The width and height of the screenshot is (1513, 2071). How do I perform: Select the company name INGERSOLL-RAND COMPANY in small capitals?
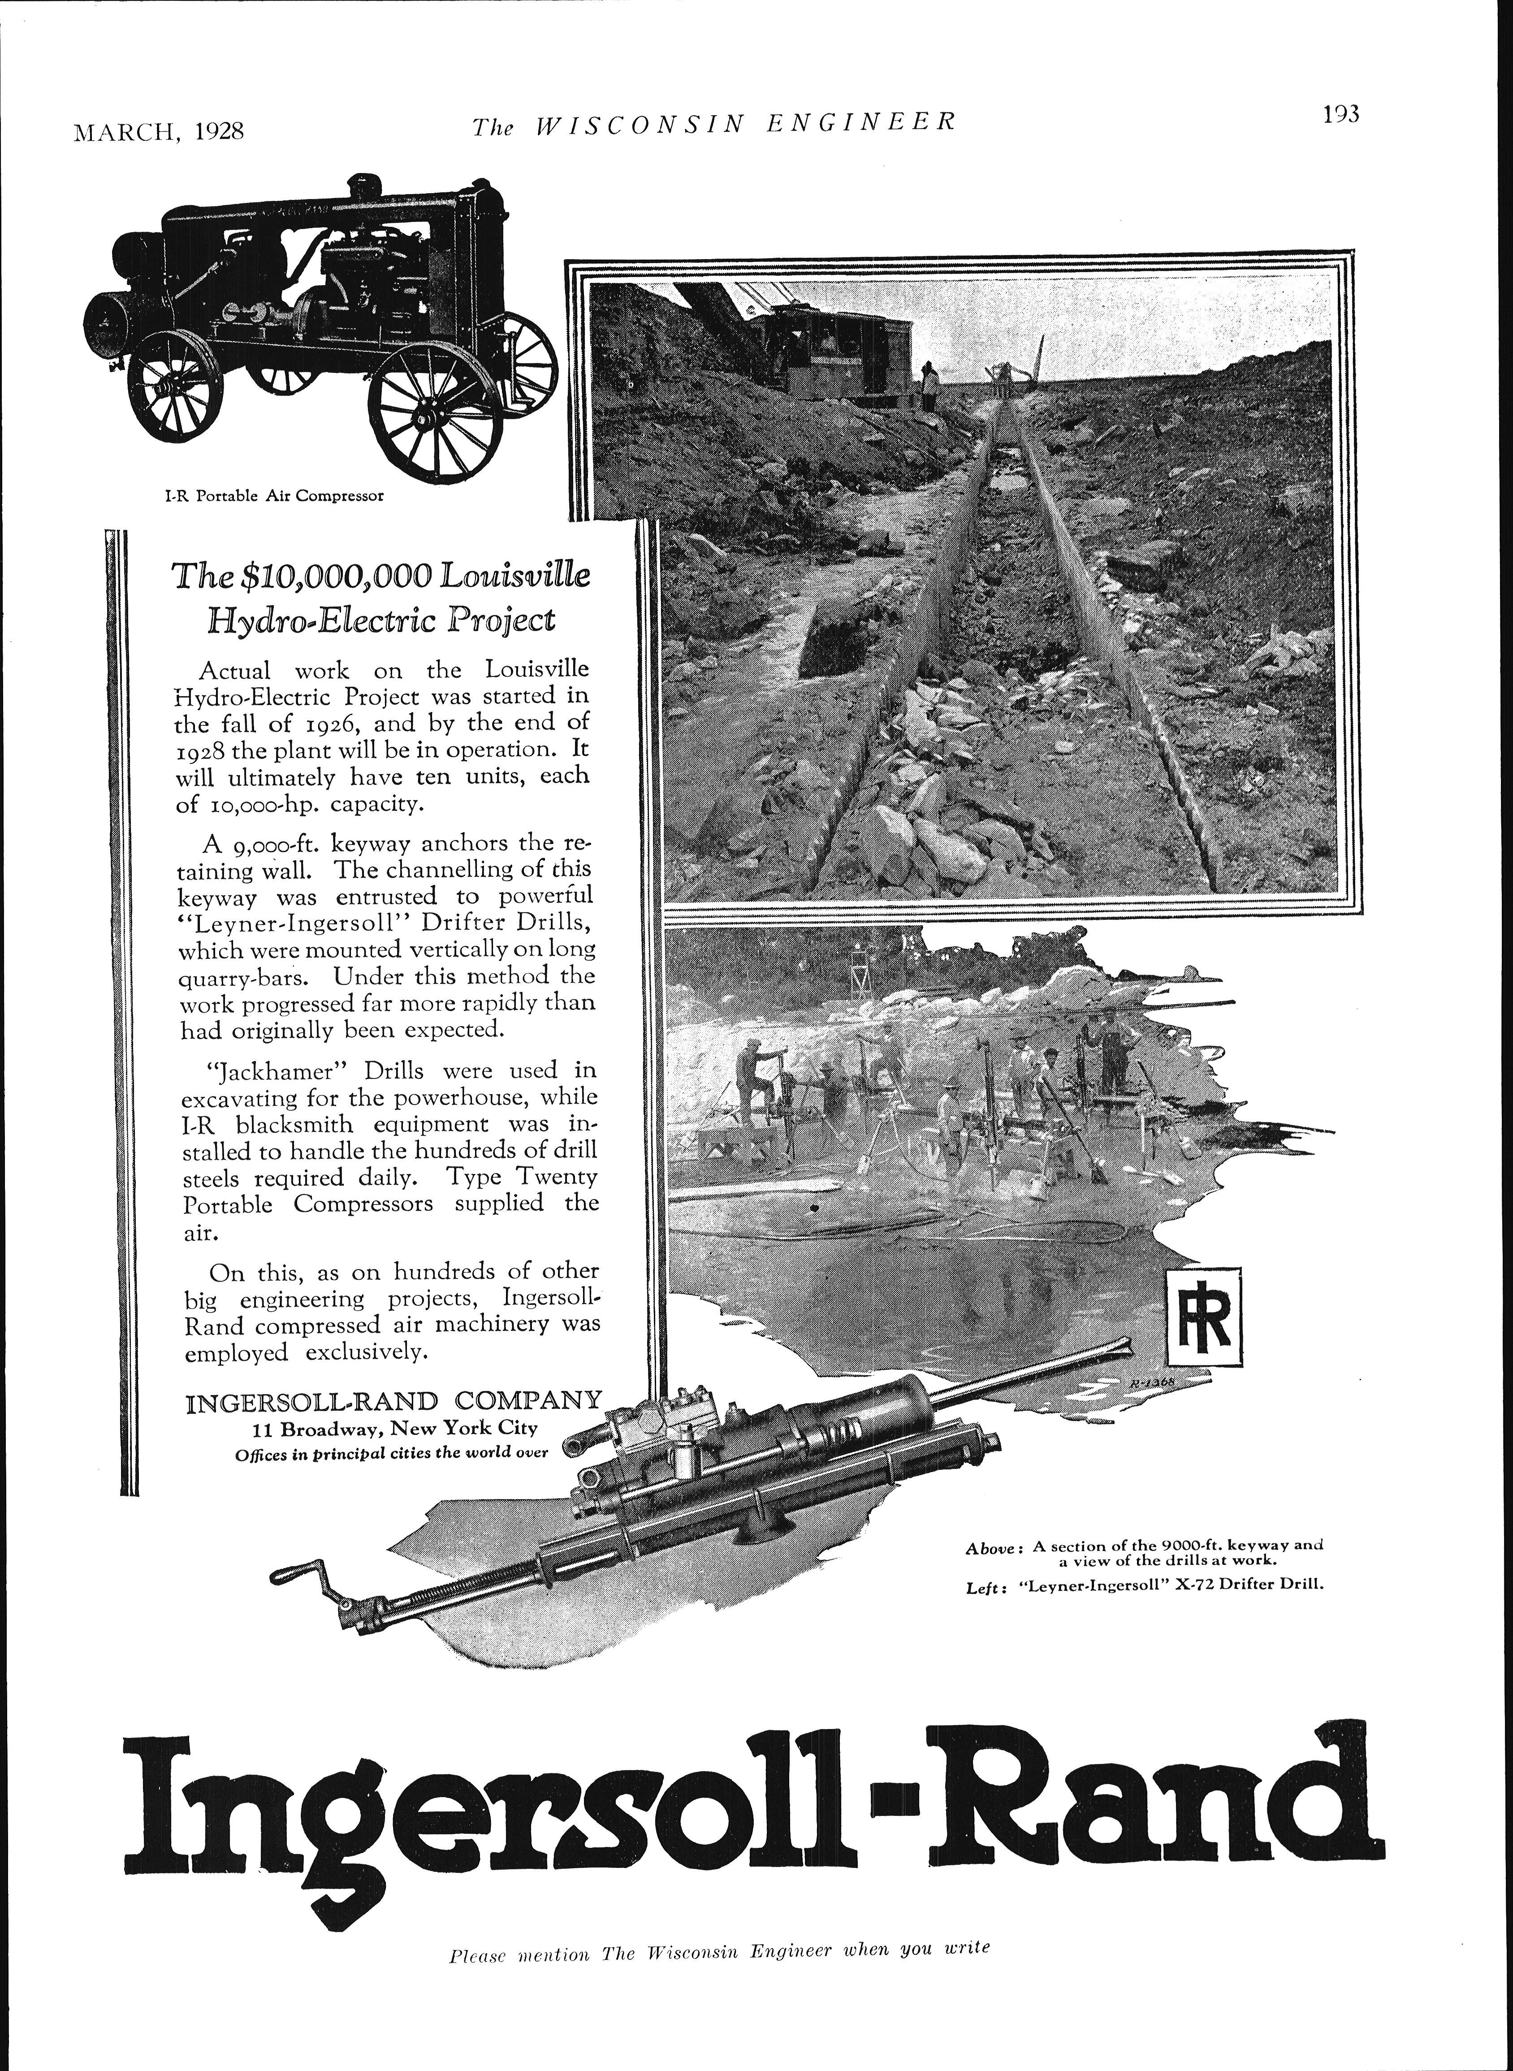(394, 1401)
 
